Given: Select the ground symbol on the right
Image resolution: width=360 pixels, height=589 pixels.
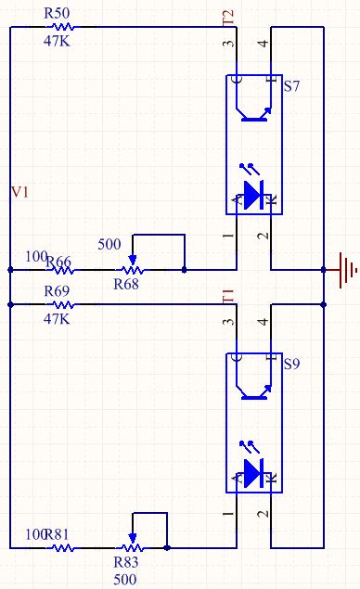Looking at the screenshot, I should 347,269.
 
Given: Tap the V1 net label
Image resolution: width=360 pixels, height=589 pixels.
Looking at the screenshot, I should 19,192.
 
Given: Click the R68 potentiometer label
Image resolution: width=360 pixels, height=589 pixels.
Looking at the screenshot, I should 126,285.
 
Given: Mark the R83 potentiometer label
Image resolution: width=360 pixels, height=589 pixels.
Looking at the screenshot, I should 126,563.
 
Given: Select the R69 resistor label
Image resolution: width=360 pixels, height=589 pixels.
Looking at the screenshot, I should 58,291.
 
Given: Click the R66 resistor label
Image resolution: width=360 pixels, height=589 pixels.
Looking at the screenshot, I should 58,262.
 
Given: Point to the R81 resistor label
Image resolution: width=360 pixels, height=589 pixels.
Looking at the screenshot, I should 58,534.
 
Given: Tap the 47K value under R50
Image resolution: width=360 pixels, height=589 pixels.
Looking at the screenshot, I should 58,42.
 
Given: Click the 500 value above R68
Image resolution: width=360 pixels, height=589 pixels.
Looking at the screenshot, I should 109,245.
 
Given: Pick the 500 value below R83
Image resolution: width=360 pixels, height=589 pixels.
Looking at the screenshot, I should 124,580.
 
